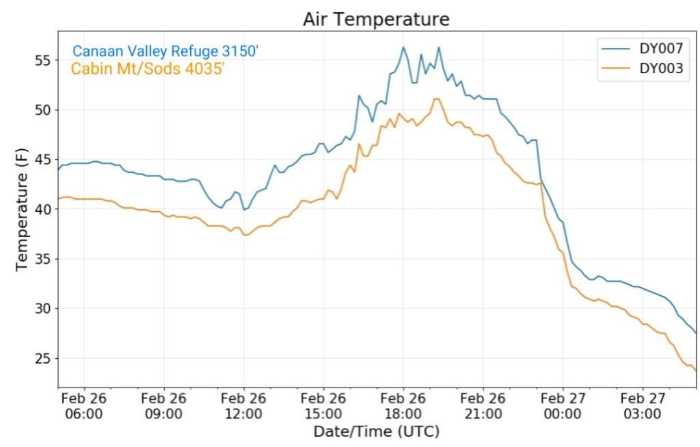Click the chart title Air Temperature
376,19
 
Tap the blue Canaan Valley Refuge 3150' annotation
165,51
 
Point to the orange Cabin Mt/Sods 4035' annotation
147,68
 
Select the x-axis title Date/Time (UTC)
376,432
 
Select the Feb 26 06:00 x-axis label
84,406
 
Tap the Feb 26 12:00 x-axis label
243,406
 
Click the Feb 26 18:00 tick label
403,406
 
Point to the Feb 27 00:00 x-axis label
563,406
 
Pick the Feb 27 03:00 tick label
643,406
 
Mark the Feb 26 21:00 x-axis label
483,406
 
